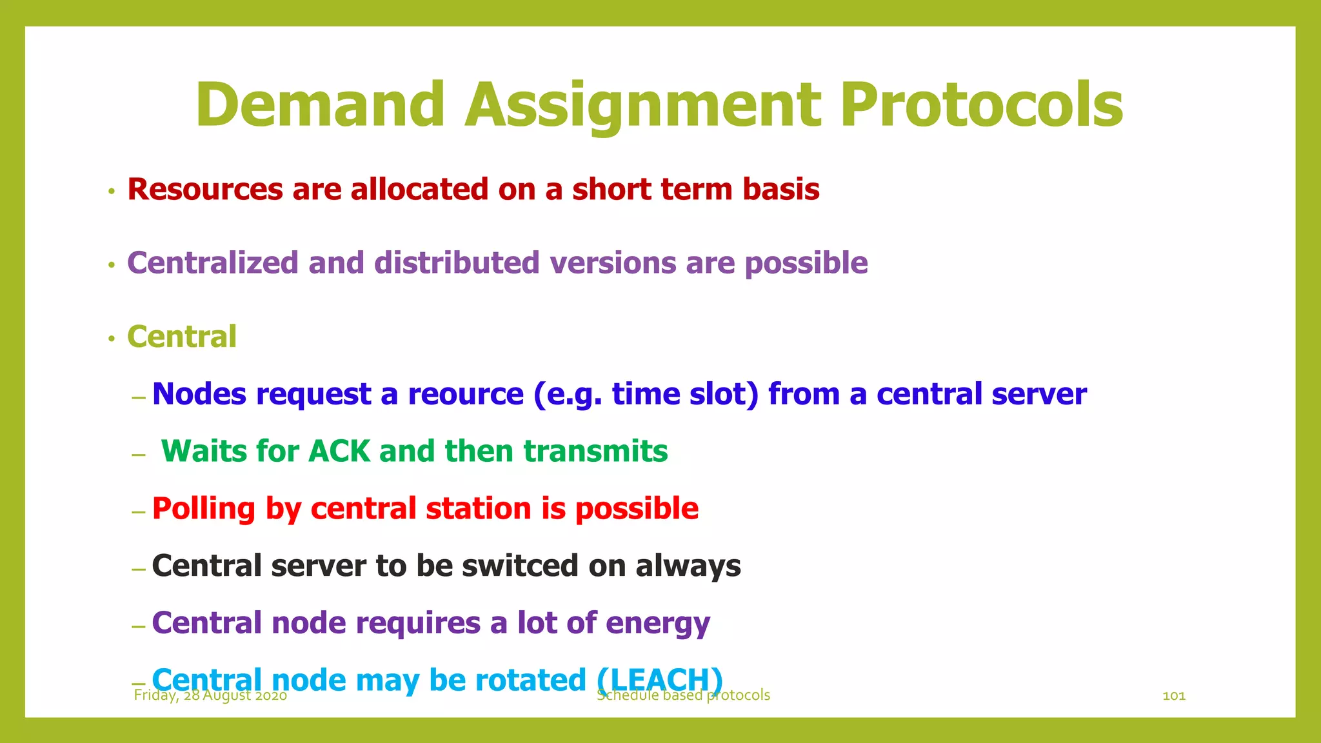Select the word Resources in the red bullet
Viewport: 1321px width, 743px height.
coord(205,190)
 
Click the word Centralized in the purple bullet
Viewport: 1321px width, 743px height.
coord(212,263)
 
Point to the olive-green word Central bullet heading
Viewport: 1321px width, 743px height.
coord(182,337)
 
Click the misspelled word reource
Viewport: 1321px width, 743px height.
coord(466,394)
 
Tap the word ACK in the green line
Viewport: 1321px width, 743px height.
coord(339,451)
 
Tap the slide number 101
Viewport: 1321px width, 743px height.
coord(1173,695)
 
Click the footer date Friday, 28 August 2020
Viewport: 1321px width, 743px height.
coord(210,696)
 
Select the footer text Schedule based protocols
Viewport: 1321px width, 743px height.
coord(684,695)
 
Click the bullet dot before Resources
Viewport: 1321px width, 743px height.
coord(112,192)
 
